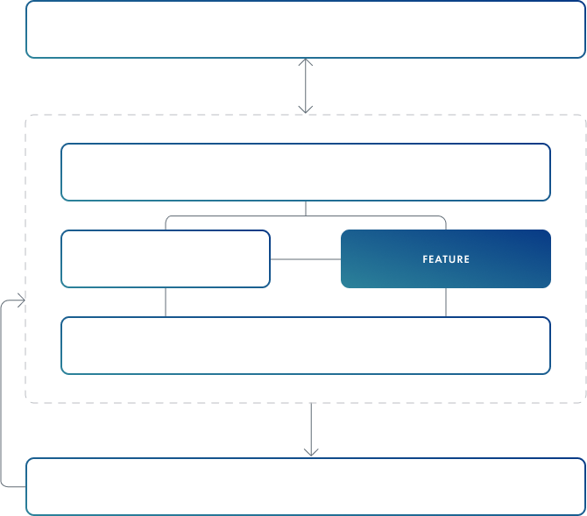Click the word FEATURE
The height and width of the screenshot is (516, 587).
pos(446,259)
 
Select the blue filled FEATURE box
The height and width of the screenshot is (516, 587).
pos(446,258)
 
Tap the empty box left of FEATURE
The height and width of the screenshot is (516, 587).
pos(166,258)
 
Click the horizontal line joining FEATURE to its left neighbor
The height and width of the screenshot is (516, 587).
pos(306,259)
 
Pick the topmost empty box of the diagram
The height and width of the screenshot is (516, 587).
pos(306,29)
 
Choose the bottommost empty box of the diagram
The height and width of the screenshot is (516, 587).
pos(306,486)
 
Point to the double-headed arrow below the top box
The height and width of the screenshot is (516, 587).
pos(306,86)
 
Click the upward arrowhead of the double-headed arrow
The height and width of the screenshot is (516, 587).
pos(306,62)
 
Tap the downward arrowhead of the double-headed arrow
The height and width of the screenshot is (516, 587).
pos(306,110)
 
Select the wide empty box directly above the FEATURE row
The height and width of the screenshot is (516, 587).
pos(306,173)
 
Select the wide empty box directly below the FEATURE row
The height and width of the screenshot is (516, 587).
pos(306,346)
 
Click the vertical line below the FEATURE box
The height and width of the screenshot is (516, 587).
pos(446,302)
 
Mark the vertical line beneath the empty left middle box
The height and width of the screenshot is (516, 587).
pos(166,302)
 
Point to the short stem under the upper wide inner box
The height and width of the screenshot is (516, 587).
pos(306,209)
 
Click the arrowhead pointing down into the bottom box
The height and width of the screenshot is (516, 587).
pos(311,452)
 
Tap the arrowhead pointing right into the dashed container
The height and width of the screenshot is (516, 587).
pos(22,300)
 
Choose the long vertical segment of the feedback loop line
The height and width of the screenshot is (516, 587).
pos(1,393)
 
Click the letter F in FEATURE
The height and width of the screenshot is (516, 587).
pos(425,259)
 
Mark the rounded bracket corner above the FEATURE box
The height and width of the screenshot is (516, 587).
pos(442,219)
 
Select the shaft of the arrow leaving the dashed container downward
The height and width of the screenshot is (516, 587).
pos(311,429)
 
